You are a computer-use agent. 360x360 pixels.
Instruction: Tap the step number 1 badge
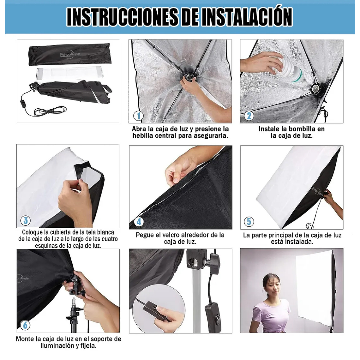tap(138, 116)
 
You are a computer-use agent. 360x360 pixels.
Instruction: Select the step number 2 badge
tap(249, 116)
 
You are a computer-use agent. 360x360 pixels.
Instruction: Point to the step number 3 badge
tap(26, 220)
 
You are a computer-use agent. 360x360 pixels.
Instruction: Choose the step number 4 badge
tap(139, 222)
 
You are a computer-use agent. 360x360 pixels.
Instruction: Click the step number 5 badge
tap(249, 222)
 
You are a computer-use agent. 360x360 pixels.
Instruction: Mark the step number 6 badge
tap(25, 325)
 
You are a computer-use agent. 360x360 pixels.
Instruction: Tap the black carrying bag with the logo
tap(69, 55)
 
